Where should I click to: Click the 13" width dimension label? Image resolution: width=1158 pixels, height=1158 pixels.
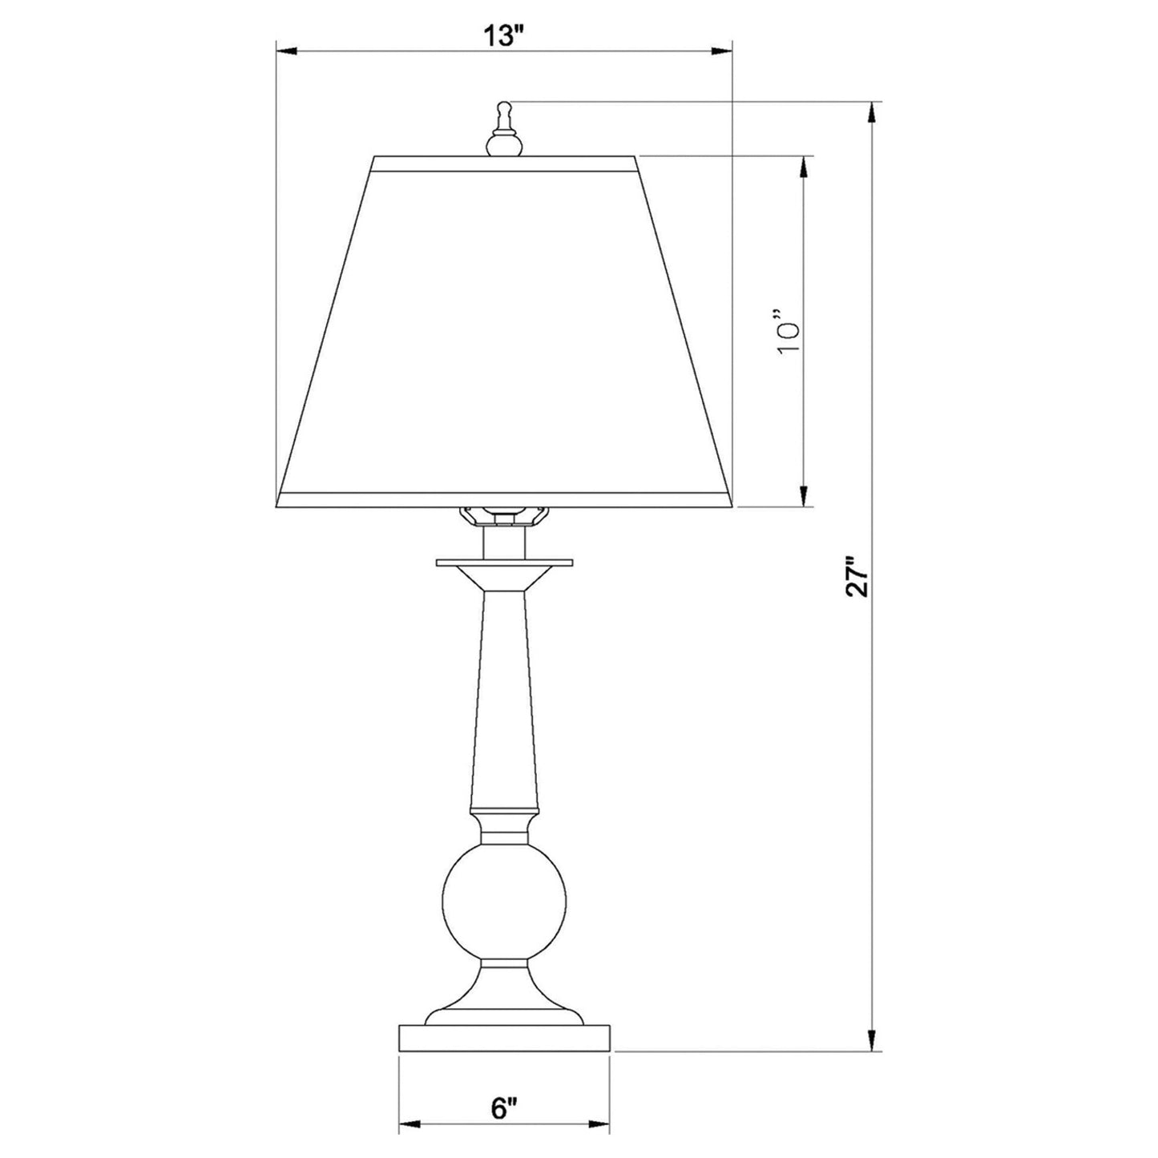(503, 37)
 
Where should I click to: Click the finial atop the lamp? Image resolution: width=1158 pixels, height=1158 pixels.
(503, 128)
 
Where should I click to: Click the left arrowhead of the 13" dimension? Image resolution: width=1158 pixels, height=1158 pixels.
(285, 51)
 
